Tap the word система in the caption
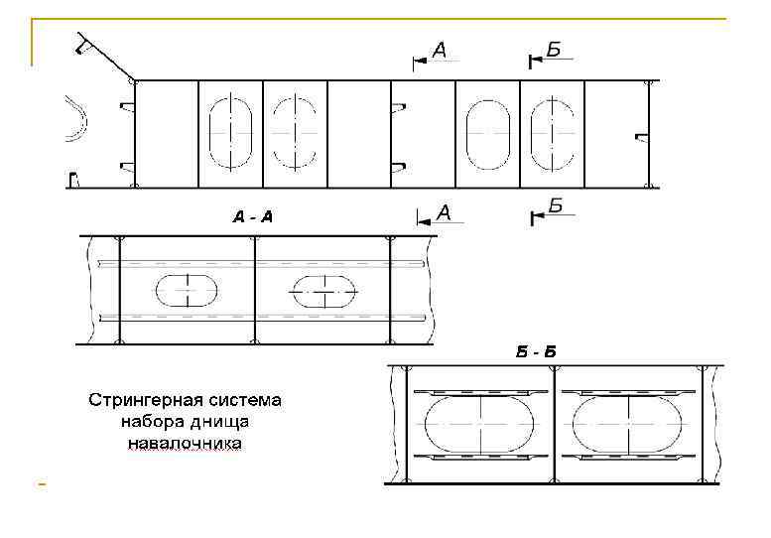[246, 402]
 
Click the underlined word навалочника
[184, 445]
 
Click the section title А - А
[252, 216]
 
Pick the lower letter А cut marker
[444, 212]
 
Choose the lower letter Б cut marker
[556, 206]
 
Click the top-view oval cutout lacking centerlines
[487, 134]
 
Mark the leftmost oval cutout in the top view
[231, 133]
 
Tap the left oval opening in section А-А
[187, 290]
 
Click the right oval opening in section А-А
[321, 291]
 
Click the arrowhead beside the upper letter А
[420, 60]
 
